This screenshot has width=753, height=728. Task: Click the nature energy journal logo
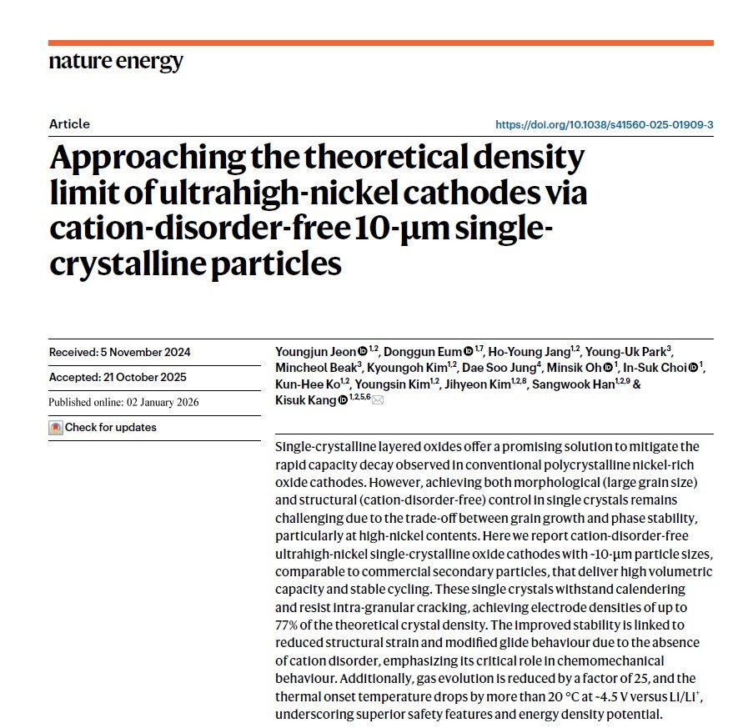(116, 63)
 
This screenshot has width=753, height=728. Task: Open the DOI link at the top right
(604, 125)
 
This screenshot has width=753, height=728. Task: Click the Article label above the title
(69, 124)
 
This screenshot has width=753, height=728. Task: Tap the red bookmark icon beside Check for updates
(56, 428)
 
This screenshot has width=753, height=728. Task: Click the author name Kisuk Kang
(305, 400)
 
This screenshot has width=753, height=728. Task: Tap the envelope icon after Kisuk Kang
(378, 401)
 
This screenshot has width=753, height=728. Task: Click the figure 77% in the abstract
(288, 625)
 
